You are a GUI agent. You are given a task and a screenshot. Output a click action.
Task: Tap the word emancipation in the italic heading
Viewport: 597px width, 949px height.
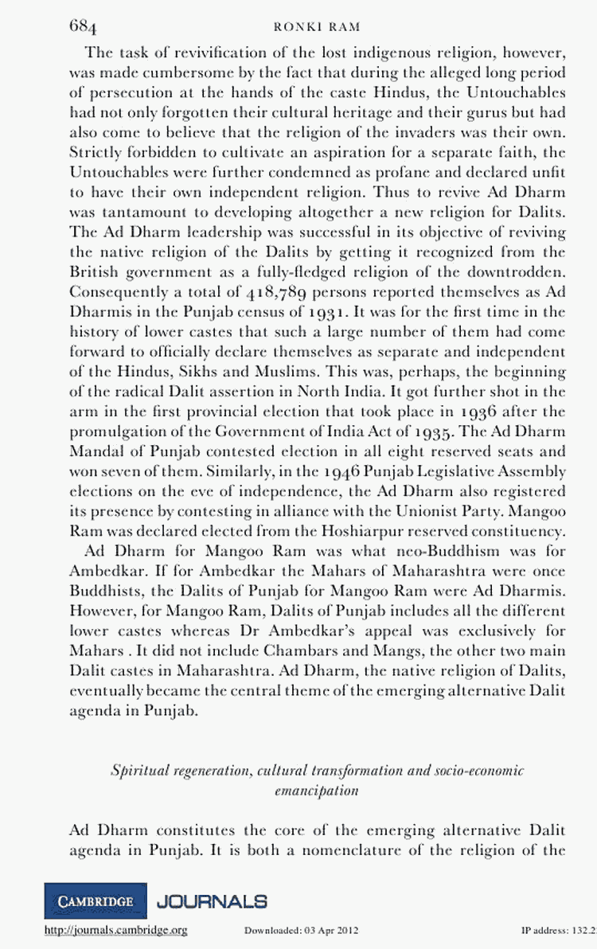tap(316, 792)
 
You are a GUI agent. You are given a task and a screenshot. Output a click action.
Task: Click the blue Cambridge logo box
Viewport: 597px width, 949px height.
tap(96, 901)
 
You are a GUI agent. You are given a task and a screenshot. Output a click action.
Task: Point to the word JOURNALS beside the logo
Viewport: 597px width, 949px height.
tap(212, 901)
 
